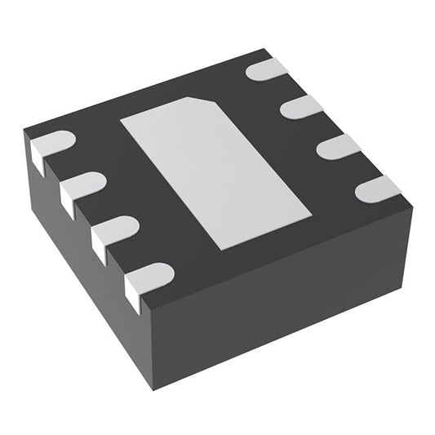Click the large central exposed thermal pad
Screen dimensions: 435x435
point(216,171)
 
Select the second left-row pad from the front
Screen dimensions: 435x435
point(113,232)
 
